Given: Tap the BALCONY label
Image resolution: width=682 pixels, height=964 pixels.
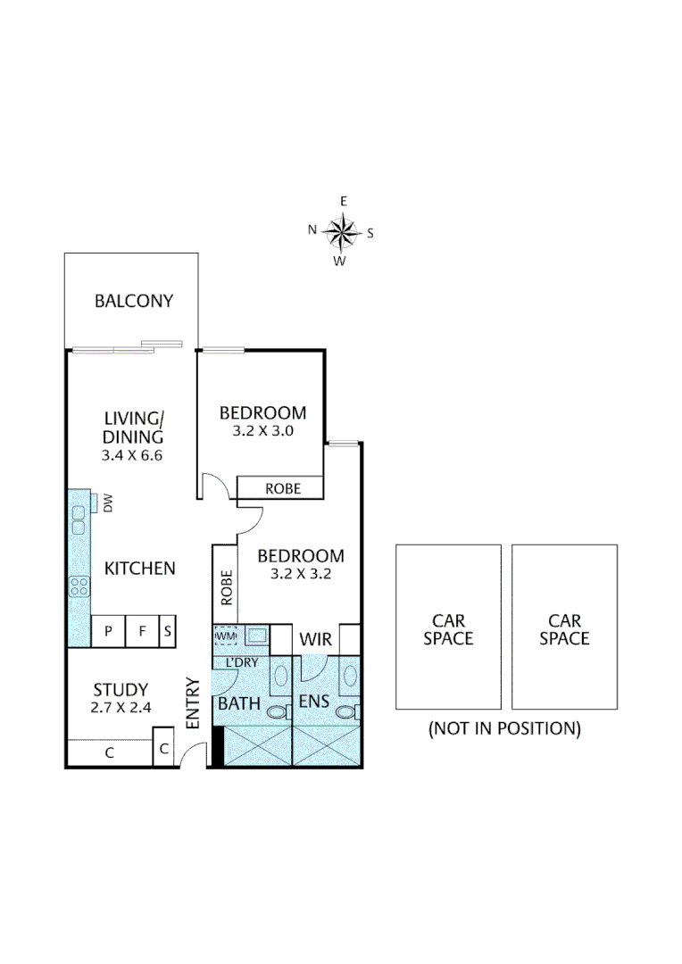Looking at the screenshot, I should pyautogui.click(x=134, y=301).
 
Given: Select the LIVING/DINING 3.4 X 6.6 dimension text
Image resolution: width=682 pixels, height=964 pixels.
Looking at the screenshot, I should pyautogui.click(x=133, y=454).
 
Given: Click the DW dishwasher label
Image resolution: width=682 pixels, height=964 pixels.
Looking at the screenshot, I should pyautogui.click(x=108, y=505).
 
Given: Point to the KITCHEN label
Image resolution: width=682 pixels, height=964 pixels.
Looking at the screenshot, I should pyautogui.click(x=140, y=568).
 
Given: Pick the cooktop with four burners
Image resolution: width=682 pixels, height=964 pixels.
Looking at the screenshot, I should pyautogui.click(x=79, y=586).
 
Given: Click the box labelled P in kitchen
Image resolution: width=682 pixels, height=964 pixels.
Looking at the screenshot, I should pyautogui.click(x=109, y=631).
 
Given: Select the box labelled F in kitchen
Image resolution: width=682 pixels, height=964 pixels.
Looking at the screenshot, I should pyautogui.click(x=141, y=631).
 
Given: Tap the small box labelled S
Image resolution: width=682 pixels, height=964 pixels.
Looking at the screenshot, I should pyautogui.click(x=167, y=631).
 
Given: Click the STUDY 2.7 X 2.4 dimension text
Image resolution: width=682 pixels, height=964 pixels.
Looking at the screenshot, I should pyautogui.click(x=121, y=708).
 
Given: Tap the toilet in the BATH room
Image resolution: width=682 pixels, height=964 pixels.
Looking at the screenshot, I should pyautogui.click(x=278, y=712).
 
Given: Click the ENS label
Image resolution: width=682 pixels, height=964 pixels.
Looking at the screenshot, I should pyautogui.click(x=314, y=702).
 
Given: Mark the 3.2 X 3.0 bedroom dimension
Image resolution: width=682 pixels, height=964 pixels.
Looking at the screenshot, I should pyautogui.click(x=262, y=430).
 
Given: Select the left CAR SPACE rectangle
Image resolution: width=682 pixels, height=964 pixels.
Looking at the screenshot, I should pyautogui.click(x=448, y=627).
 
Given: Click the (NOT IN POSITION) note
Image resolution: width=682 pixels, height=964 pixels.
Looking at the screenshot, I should pyautogui.click(x=504, y=728).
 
